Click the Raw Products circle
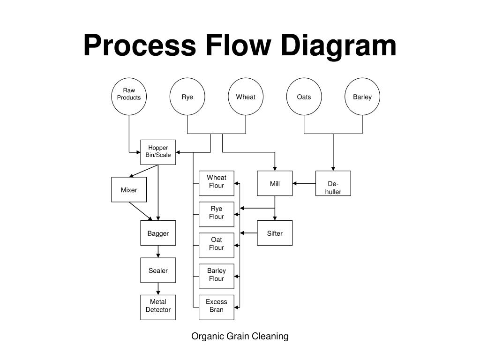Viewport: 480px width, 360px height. coord(129,97)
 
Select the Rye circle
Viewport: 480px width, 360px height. coord(187,97)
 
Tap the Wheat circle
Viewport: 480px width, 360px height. coord(246,97)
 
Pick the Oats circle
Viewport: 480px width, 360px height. coord(304,97)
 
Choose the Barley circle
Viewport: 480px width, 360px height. coord(362,97)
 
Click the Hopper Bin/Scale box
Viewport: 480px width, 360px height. coord(158,152)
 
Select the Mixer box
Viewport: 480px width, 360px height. coord(129,189)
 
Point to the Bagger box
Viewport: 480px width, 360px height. coord(158,233)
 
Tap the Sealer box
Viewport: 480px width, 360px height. coord(158,270)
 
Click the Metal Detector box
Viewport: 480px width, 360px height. coord(158,307)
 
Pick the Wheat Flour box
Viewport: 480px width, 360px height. coord(217,183)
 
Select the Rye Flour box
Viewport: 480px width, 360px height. coord(217,214)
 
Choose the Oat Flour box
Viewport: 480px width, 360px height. coord(217,245)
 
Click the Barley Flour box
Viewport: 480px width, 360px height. coord(217,276)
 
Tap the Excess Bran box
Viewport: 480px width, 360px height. coord(217,307)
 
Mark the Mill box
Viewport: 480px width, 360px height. coord(275,183)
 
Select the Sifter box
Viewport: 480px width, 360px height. coord(275,233)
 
